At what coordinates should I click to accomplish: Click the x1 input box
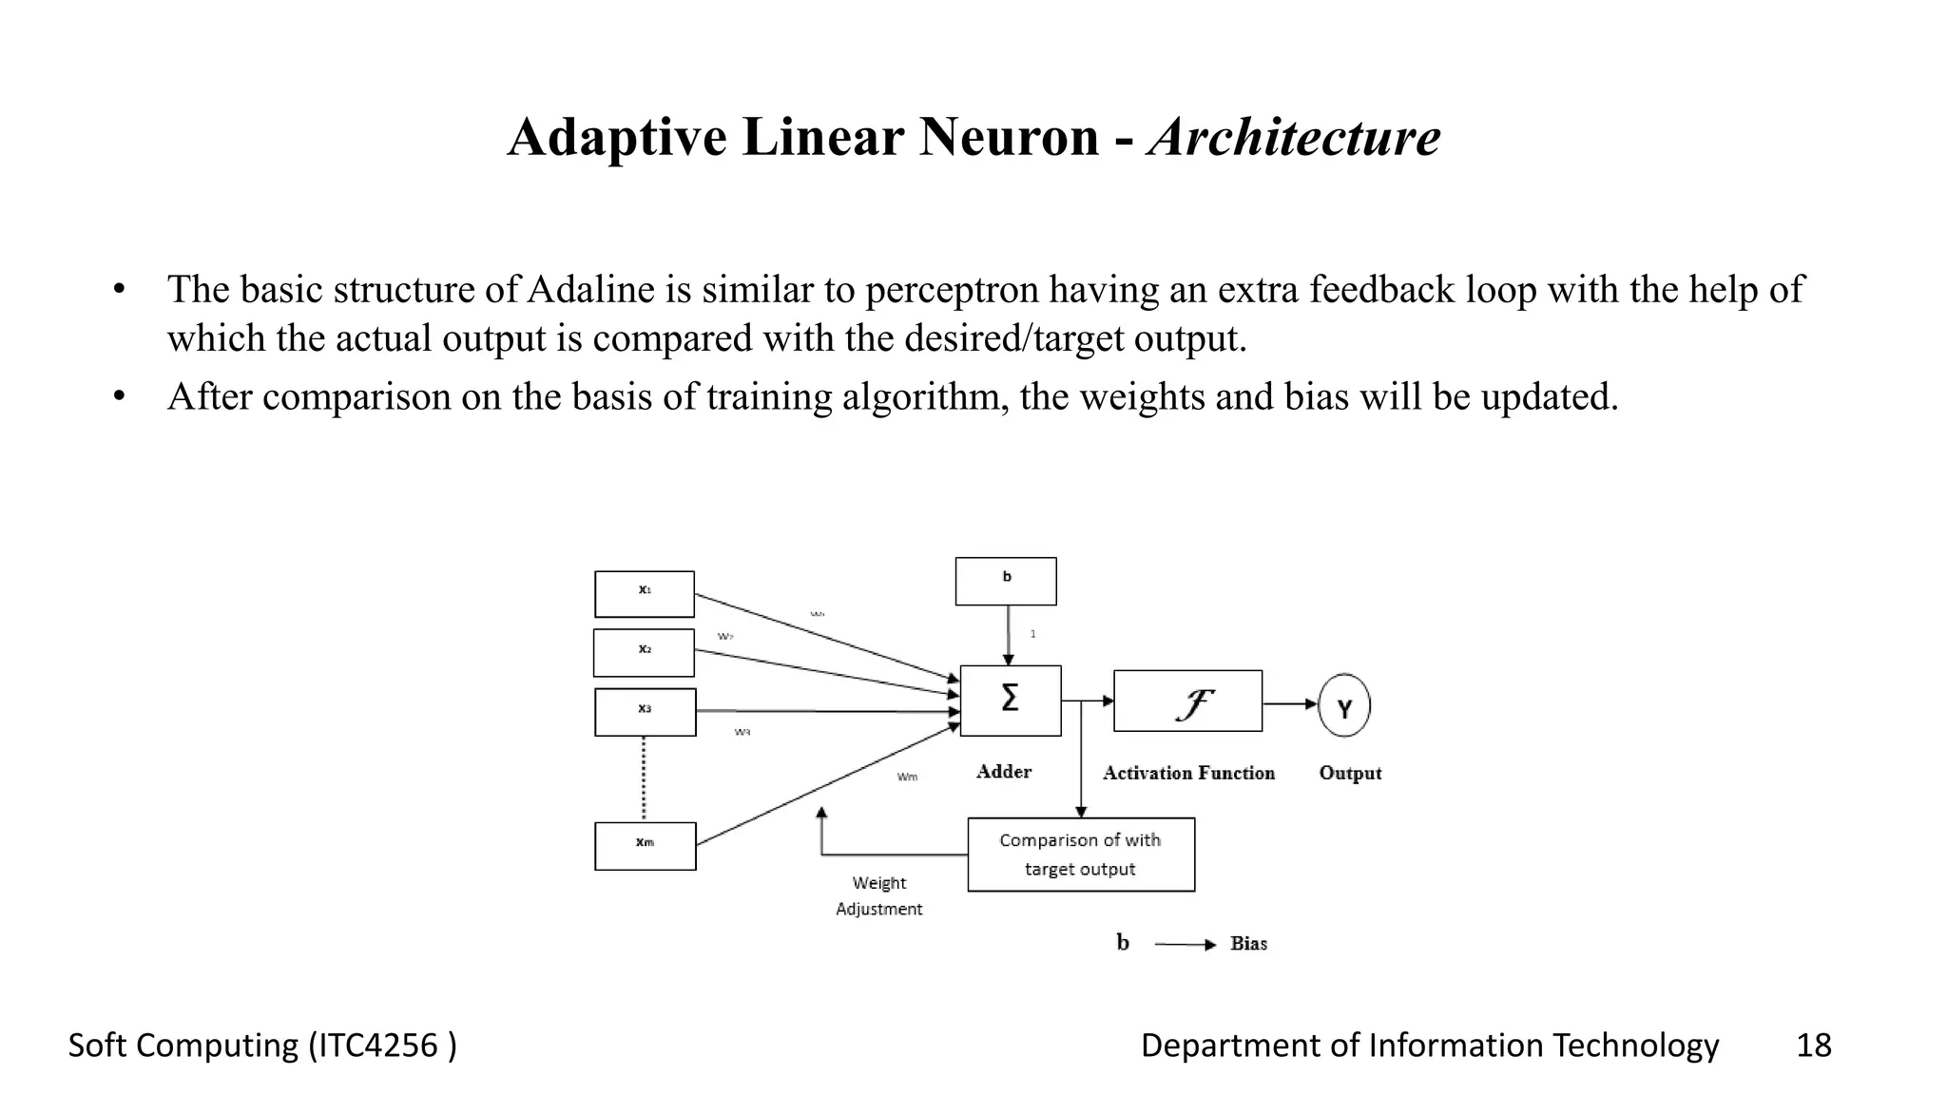click(645, 594)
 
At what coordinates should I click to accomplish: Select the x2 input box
click(645, 653)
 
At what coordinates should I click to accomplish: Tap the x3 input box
click(646, 712)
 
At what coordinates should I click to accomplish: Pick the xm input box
click(646, 846)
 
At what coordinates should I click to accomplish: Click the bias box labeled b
click(1006, 581)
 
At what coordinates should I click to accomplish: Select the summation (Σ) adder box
click(1011, 701)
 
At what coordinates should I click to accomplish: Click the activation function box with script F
click(1187, 701)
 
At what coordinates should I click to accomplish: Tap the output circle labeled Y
click(1344, 705)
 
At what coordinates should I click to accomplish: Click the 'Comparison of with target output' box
click(1081, 855)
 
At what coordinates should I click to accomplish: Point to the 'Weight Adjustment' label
click(879, 896)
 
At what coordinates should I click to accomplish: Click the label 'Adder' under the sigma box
click(1004, 772)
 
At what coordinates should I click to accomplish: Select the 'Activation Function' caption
click(1188, 773)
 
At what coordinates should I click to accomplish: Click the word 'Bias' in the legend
click(1248, 944)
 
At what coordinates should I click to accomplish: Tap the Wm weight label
click(908, 778)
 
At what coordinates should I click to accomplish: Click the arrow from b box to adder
click(1008, 635)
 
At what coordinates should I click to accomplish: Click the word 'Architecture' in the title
click(1294, 137)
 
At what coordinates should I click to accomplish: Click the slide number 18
click(1813, 1046)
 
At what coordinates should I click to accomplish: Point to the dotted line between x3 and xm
click(644, 778)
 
